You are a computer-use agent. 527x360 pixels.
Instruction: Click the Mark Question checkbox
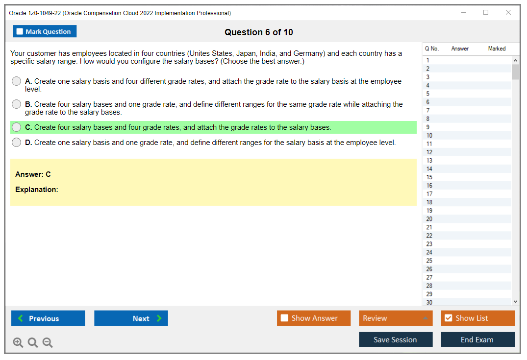[x=20, y=31]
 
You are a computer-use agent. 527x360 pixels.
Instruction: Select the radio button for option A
[x=17, y=81]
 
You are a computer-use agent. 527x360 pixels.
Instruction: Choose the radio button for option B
[x=17, y=104]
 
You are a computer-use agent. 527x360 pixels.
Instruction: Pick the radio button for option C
[x=17, y=127]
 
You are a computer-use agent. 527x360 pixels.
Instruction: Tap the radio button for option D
[x=17, y=143]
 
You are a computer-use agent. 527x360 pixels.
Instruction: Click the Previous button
[x=48, y=318]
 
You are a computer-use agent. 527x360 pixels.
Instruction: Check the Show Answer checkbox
[x=284, y=318]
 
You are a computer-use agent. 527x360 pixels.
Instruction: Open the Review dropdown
[x=396, y=318]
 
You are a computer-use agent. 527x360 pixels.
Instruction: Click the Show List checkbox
[x=449, y=318]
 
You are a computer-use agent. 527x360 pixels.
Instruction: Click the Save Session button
[x=396, y=339]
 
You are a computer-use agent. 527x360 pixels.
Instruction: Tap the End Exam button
[x=477, y=339]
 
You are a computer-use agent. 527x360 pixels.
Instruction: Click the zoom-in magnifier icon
[x=18, y=342]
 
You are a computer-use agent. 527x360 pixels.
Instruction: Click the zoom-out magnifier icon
[x=48, y=342]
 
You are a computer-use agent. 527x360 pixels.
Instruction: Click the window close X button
[x=508, y=12]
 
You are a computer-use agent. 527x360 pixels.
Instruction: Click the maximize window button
[x=486, y=12]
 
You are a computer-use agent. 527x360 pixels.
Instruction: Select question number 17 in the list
[x=429, y=194]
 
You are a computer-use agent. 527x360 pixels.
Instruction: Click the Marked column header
[x=497, y=48]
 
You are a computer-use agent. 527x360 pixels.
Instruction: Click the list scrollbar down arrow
[x=515, y=302]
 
